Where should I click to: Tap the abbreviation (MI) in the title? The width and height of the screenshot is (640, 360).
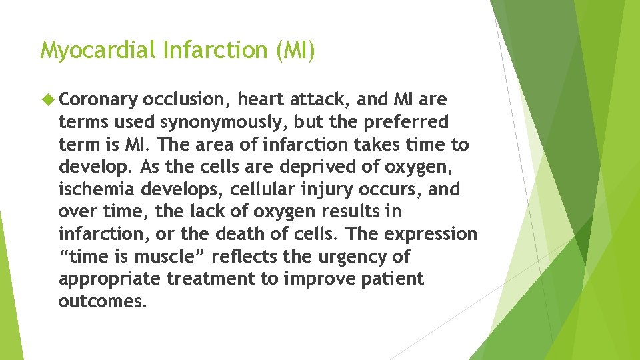(294, 50)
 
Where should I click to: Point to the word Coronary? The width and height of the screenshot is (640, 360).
(98, 100)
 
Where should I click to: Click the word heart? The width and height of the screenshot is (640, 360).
(261, 100)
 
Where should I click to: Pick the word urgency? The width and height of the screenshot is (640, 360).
(343, 257)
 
